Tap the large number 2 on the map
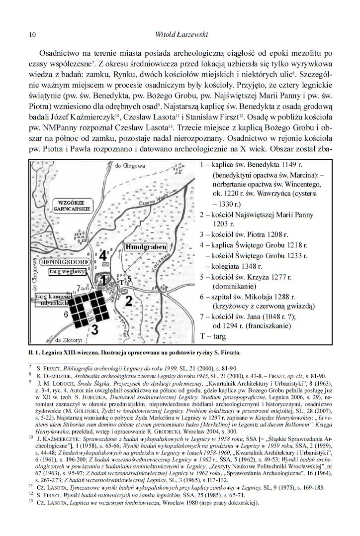pos(128,301)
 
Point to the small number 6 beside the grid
pos(66,315)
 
